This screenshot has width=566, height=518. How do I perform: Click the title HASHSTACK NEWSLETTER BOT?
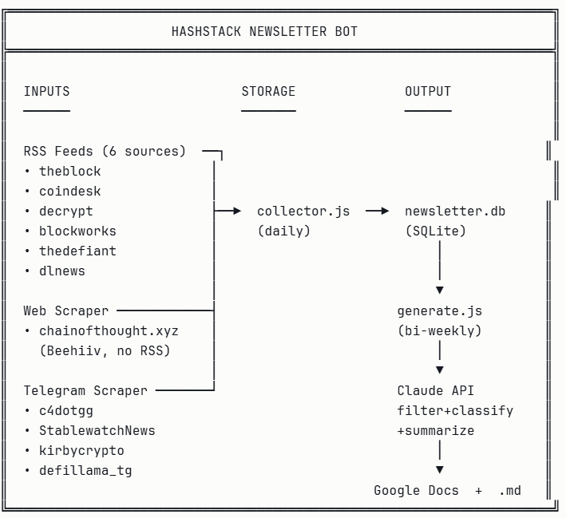264,32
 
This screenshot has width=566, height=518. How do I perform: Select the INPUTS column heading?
46,92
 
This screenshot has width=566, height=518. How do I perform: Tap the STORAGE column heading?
268,92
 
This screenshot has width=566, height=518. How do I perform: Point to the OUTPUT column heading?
428,92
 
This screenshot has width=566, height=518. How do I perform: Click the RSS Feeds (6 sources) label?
105,151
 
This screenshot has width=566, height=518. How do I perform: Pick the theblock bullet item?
70,171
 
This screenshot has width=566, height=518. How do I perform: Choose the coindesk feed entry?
70,191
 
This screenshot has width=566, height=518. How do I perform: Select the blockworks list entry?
77,231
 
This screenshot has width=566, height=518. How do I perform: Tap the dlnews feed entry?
62,271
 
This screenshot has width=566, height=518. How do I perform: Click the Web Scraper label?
66,310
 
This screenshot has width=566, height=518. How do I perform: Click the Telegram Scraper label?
85,390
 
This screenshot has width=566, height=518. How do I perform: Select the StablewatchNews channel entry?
97,430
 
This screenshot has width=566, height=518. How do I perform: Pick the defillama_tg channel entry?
85,470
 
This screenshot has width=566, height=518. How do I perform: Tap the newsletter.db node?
455,212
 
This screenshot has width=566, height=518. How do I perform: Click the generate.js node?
440,310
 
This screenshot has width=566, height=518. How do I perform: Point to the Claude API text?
436,390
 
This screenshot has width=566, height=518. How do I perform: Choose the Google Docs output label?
416,490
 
